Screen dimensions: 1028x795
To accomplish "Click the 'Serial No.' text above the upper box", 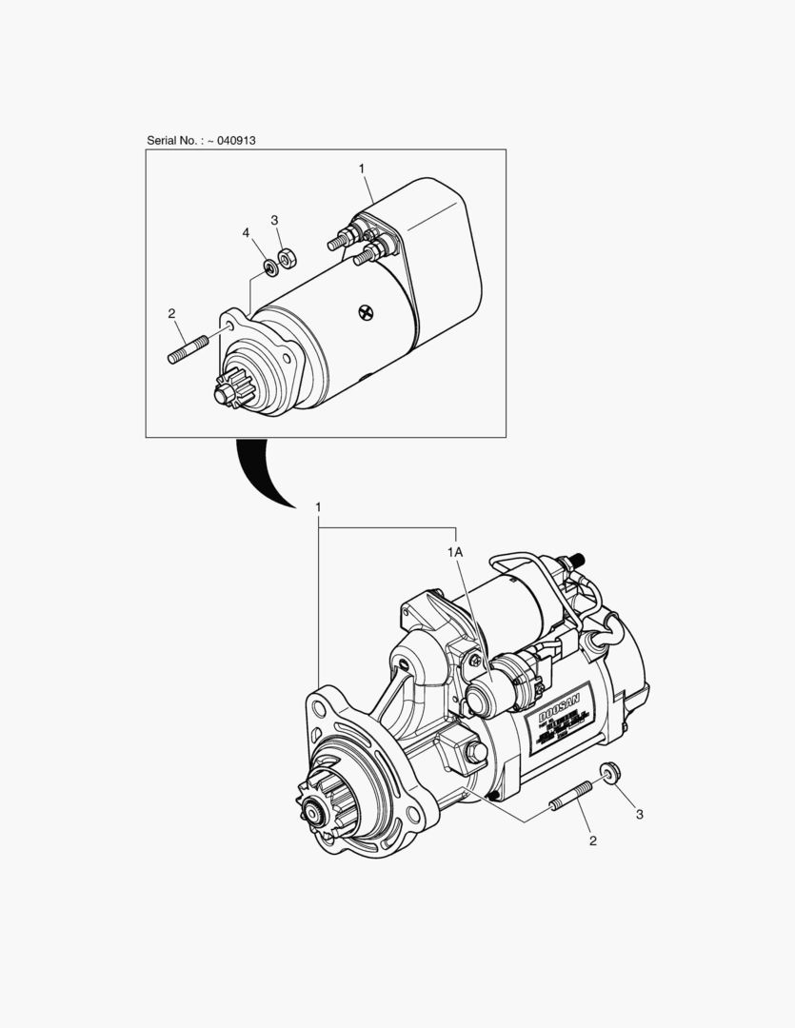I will pyautogui.click(x=172, y=140).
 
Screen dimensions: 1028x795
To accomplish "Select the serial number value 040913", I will pyautogui.click(x=236, y=140).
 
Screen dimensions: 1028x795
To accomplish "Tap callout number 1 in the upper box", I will pyautogui.click(x=362, y=168).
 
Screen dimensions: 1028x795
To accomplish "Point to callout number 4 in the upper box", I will pyautogui.click(x=245, y=232).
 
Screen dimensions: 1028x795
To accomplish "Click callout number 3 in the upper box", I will pyautogui.click(x=274, y=220).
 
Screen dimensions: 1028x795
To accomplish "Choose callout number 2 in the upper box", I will pyautogui.click(x=171, y=312).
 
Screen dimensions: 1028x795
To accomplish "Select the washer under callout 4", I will pyautogui.click(x=269, y=267).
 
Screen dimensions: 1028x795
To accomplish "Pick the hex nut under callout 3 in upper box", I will pyautogui.click(x=288, y=256).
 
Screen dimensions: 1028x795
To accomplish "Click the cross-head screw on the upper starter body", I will pyautogui.click(x=366, y=312).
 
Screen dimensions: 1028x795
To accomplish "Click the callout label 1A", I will pyautogui.click(x=455, y=552).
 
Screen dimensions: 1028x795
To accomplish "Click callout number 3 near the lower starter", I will pyautogui.click(x=640, y=814).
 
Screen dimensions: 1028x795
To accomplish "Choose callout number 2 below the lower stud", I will pyautogui.click(x=592, y=840).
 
